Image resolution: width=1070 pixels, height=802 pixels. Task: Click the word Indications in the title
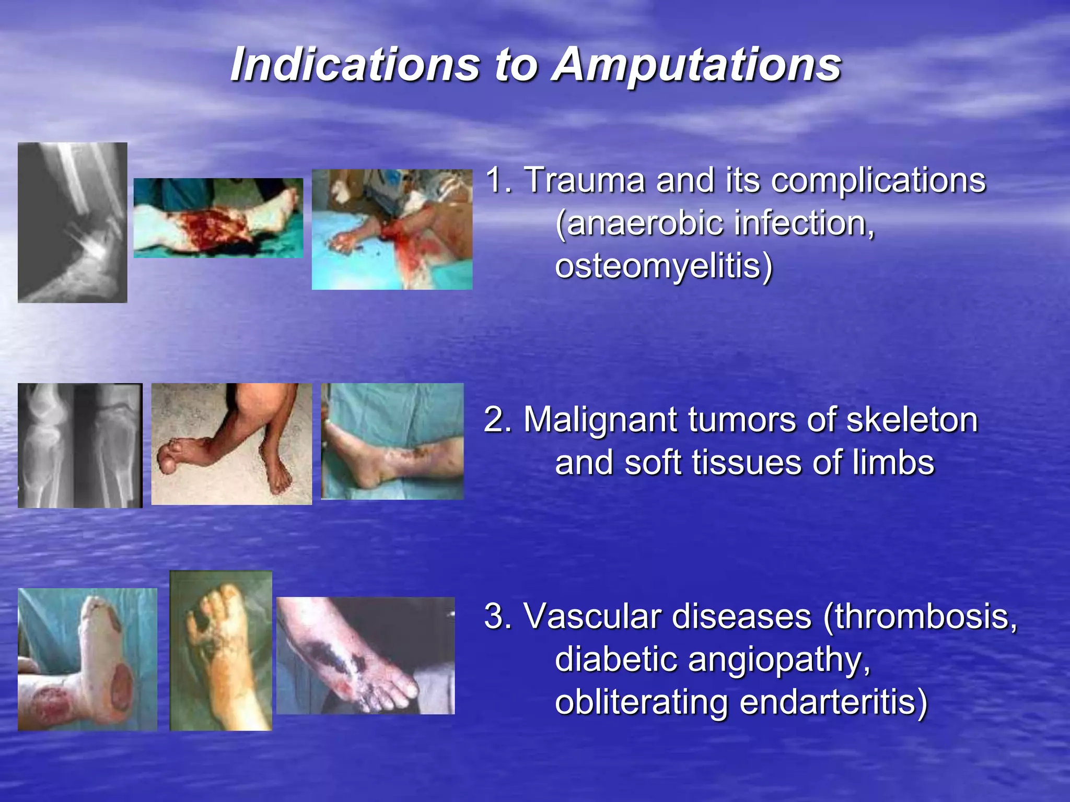[x=355, y=65]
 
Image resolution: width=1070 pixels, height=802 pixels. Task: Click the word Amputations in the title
[x=697, y=65]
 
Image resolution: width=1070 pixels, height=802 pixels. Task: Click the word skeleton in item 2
[x=911, y=420]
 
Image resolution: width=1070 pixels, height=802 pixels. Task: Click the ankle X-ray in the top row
[x=72, y=222]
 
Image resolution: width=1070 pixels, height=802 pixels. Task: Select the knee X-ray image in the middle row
[x=79, y=445]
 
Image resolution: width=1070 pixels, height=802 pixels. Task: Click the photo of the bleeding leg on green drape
[x=218, y=218]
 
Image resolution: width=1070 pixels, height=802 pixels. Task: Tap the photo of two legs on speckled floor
[x=231, y=444]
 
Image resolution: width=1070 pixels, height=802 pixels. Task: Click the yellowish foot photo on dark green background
[x=220, y=651]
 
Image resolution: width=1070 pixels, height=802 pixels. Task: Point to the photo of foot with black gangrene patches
[x=365, y=655]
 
